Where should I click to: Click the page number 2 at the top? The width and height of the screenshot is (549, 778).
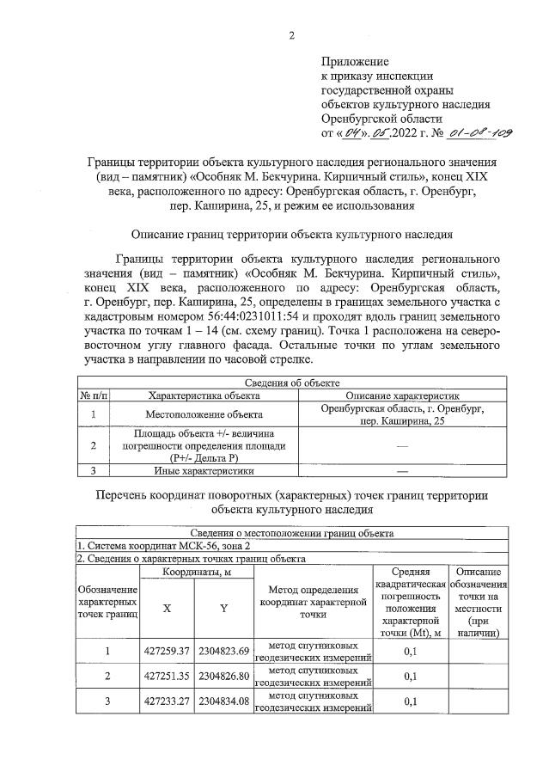291,35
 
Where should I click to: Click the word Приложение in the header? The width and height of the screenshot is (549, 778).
355,62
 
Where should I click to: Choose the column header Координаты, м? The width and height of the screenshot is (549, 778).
197,572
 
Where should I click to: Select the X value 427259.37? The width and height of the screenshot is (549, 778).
168,651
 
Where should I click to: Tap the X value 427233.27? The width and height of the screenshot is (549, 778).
168,701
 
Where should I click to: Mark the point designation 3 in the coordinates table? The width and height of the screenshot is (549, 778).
108,701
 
